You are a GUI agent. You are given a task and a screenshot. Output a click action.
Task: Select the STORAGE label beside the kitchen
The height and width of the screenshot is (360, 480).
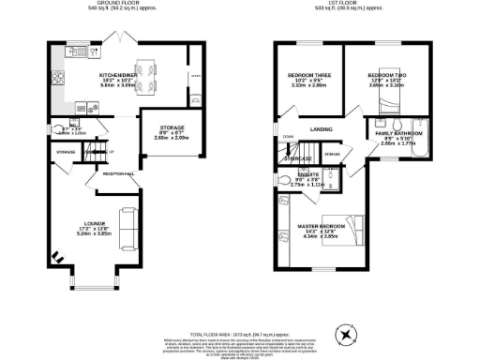click(171, 127)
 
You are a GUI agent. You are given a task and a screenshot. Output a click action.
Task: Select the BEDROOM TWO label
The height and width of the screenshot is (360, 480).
click(385, 74)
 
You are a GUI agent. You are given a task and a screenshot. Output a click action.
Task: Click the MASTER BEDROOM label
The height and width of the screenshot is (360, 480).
click(321, 226)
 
